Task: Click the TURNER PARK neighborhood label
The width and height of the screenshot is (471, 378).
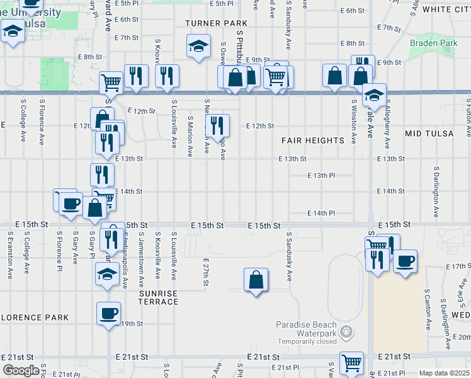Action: [216, 23]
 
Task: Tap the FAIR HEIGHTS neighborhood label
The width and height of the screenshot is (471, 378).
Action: [312, 140]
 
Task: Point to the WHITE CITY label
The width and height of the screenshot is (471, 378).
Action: [446, 9]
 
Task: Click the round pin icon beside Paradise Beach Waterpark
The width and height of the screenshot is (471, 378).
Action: [345, 330]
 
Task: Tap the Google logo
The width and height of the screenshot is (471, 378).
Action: [21, 370]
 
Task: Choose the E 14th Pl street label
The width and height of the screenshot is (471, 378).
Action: [321, 214]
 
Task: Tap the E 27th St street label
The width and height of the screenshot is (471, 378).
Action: [206, 272]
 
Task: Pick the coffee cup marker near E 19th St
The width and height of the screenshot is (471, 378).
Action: [109, 313]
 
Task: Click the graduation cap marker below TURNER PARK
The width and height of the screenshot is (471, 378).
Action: [198, 46]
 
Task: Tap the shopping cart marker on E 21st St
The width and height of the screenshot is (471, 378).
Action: [351, 362]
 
